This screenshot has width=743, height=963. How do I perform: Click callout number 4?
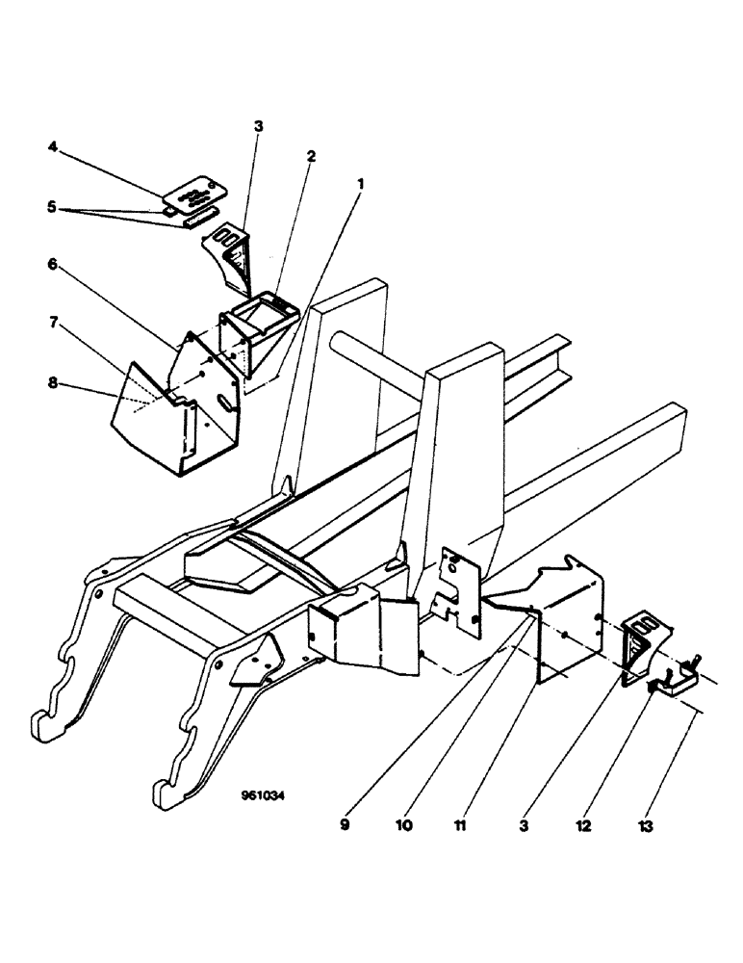tap(53, 147)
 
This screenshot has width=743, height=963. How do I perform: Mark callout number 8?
tap(53, 383)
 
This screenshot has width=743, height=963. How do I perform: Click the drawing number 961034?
tap(264, 796)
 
